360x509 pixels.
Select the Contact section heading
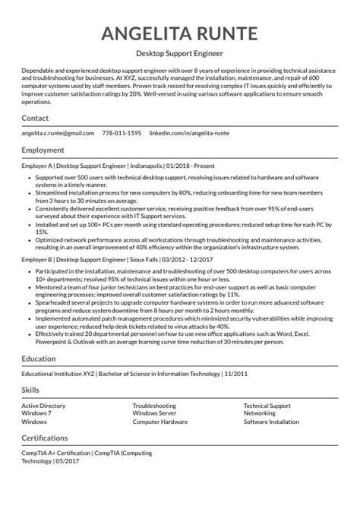click(x=35, y=119)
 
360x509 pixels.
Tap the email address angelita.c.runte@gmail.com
click(x=58, y=133)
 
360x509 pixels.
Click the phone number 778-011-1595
click(x=122, y=133)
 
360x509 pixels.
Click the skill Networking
click(x=260, y=413)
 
